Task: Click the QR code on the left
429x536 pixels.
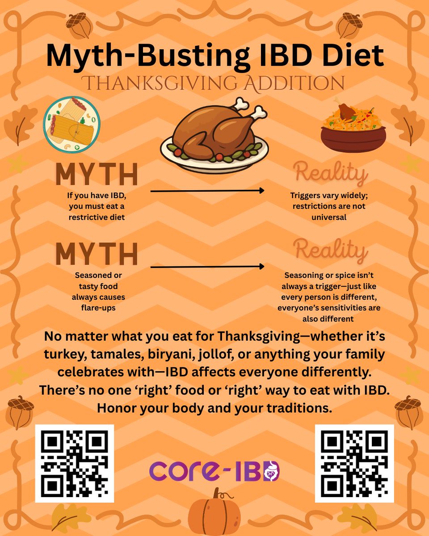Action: pyautogui.click(x=75, y=463)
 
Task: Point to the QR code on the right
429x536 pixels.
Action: pyautogui.click(x=354, y=463)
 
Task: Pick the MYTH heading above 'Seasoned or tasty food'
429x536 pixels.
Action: pyautogui.click(x=97, y=254)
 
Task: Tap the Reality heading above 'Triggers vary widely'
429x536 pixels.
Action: pyautogui.click(x=330, y=174)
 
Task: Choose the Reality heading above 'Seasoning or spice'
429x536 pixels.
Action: pyautogui.click(x=330, y=251)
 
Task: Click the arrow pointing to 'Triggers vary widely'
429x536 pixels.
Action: pyautogui.click(x=207, y=191)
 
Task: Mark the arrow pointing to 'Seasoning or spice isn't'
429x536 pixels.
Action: pyautogui.click(x=207, y=267)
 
